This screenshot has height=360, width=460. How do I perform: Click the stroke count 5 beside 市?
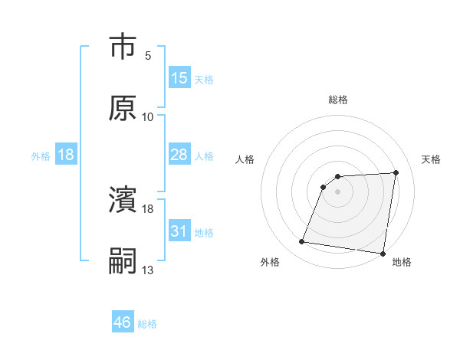[147, 56]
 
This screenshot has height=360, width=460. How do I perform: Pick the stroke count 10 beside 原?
[147, 116]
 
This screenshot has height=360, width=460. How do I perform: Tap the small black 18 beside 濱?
[147, 208]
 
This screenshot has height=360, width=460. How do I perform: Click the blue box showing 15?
[179, 77]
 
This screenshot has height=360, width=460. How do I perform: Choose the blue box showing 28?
[179, 155]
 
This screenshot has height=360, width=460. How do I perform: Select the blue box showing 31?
[179, 231]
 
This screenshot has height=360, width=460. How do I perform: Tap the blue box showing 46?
[123, 322]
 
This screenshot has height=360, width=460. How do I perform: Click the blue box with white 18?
[66, 155]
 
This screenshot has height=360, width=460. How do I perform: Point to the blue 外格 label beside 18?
[41, 155]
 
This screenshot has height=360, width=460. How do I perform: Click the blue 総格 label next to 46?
[147, 324]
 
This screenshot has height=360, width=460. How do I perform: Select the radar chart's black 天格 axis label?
[432, 159]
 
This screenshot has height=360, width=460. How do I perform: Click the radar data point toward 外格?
[302, 242]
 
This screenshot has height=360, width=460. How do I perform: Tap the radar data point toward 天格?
[396, 172]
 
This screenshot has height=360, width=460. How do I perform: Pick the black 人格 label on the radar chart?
[246, 159]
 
